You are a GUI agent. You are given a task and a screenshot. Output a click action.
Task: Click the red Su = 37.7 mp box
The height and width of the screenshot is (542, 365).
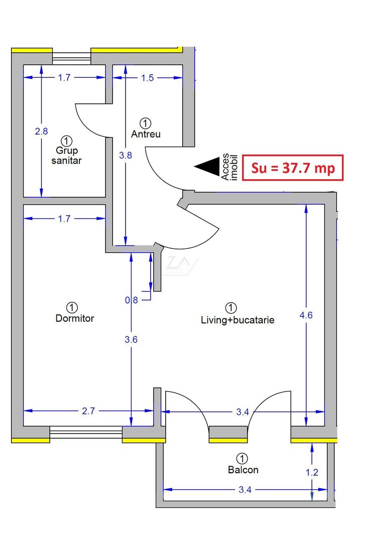click(x=293, y=168)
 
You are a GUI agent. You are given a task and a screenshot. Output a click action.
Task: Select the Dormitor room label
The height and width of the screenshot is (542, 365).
click(x=74, y=318)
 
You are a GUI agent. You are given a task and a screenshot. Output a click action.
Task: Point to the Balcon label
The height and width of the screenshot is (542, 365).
click(x=243, y=470)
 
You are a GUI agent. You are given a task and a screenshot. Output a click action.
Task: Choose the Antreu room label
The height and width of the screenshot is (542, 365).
click(x=146, y=134)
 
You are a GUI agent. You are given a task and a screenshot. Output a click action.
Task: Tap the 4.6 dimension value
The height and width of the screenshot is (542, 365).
click(x=306, y=315)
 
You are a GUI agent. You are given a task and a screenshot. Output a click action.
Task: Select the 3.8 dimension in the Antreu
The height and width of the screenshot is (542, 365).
click(x=125, y=156)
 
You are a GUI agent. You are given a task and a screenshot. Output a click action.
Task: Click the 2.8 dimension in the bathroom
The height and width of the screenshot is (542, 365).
click(x=41, y=131)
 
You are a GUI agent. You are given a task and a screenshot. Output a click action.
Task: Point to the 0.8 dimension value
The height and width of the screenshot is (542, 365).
click(x=131, y=300)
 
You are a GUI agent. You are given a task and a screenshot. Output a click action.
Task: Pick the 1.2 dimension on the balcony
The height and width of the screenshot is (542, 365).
click(x=312, y=472)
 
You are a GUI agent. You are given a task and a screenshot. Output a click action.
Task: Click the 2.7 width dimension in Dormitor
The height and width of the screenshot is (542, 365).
click(x=88, y=411)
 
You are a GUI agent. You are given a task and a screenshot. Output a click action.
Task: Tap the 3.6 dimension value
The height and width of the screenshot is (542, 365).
click(x=131, y=339)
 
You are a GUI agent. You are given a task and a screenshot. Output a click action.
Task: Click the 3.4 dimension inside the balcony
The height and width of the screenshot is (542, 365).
click(x=245, y=489)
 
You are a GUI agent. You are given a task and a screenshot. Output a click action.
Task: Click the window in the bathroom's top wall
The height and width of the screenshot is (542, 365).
click(x=71, y=56)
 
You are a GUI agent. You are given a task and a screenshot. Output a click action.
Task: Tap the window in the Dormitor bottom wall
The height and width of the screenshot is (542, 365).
click(x=86, y=432)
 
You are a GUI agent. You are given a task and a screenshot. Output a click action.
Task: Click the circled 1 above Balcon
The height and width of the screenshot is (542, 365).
click(x=242, y=458)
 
